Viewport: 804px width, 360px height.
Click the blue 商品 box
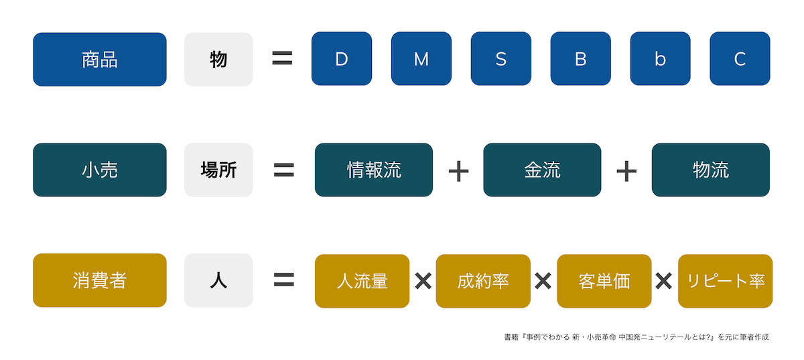pos(99,59)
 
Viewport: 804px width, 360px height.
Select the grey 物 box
pos(218,59)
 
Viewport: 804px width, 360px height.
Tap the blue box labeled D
pos(342,59)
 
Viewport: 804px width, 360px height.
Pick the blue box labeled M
pos(421,59)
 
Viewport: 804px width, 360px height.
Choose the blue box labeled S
pos(501,59)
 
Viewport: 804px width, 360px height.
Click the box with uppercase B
pos(581,59)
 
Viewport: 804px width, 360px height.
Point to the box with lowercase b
pos(660,59)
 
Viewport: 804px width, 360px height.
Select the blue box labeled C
pos(740,59)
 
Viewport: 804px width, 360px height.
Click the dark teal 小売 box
pos(99,170)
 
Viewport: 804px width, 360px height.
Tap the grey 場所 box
pos(218,170)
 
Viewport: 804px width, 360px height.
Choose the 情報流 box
pos(374,170)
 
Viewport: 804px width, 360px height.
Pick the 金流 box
pos(542,170)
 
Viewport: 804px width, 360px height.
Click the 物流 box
pos(711,170)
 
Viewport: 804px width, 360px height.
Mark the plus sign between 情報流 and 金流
pos(458,171)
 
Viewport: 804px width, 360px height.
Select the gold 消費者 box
pos(99,280)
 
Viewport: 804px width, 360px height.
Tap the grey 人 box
pos(218,280)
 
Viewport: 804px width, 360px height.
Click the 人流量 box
pos(362,281)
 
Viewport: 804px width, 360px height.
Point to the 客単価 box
pos(604,281)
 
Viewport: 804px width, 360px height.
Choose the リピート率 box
pos(726,281)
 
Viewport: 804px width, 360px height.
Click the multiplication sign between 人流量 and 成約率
pos(423,281)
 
